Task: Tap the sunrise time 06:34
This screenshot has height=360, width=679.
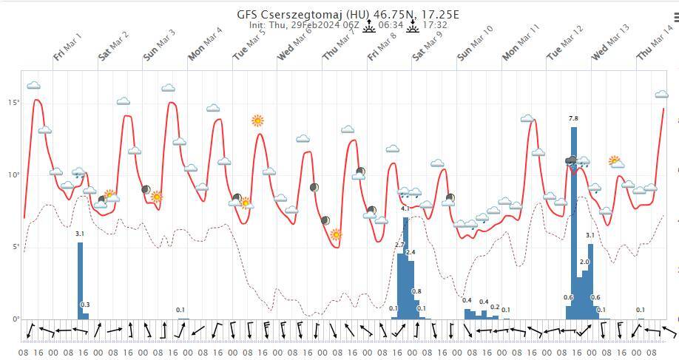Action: point(390,24)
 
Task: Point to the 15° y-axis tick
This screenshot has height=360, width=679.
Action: point(14,103)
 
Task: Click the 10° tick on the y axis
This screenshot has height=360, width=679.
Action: point(14,175)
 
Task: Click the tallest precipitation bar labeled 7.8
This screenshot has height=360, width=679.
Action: point(573,222)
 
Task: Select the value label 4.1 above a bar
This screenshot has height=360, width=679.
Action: point(405,209)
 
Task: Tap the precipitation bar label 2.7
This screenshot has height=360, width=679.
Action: point(400,245)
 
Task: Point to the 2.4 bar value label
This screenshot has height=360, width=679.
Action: point(411,252)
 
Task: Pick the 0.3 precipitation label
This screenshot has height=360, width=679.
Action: point(85,305)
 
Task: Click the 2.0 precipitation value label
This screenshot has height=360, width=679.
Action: point(584,262)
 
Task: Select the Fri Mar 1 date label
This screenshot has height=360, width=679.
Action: point(67,46)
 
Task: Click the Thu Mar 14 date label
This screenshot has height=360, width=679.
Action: point(655,45)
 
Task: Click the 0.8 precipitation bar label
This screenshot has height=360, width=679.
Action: point(416,291)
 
